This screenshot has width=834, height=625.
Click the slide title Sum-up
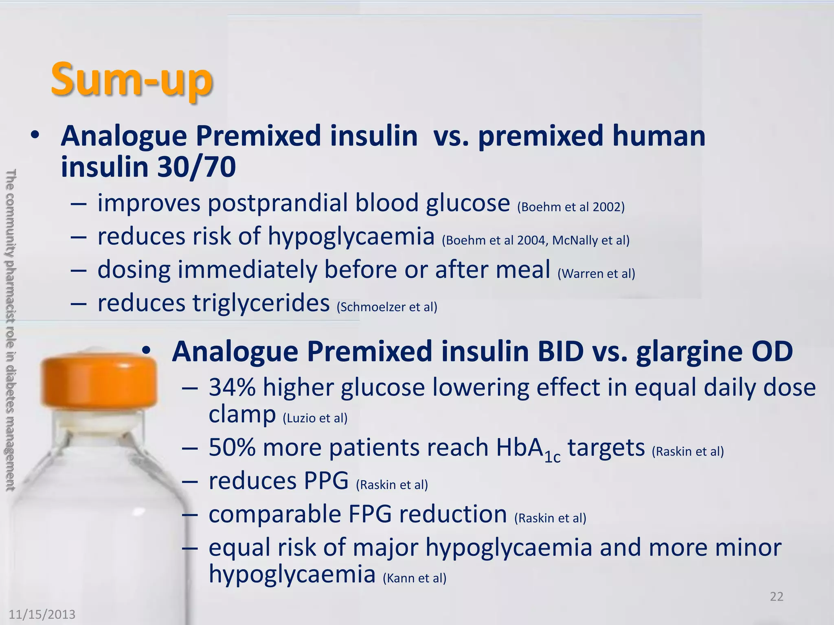131,79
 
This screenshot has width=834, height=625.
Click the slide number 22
777,597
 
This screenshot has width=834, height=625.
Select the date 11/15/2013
42,614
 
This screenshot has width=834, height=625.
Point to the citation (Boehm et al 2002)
571,207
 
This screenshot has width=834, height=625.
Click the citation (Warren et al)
596,273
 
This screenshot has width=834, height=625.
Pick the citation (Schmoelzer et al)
387,307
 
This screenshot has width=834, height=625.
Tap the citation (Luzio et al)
315,418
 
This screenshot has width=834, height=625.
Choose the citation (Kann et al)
415,578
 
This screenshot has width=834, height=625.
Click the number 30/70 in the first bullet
196,167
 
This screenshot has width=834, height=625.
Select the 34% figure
232,387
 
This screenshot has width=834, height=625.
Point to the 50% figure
232,448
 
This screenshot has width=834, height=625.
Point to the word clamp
242,415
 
